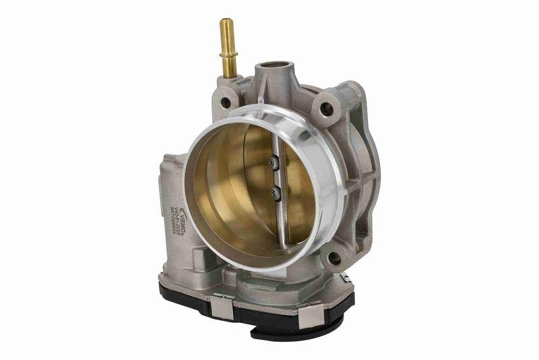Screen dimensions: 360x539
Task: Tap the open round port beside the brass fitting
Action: (x=273, y=68)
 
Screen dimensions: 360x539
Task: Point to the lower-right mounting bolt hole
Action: (x=333, y=258)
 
